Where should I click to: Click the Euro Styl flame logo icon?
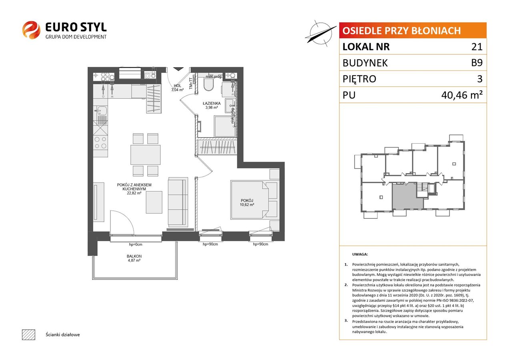pyautogui.click(x=31, y=30)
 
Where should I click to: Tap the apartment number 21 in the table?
pyautogui.click(x=477, y=47)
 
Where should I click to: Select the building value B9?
pyautogui.click(x=477, y=63)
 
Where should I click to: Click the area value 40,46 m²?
pyautogui.click(x=462, y=95)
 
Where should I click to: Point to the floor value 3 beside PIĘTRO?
pyautogui.click(x=480, y=79)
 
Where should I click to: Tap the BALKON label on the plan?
pyautogui.click(x=134, y=256)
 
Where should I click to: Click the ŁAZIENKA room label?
pyautogui.click(x=212, y=103)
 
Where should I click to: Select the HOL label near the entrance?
pyautogui.click(x=177, y=86)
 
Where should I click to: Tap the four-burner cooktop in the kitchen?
pyautogui.click(x=100, y=143)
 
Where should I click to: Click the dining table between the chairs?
pyautogui.click(x=145, y=155)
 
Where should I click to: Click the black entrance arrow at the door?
pyautogui.click(x=178, y=69)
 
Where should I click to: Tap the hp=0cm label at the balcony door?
pyautogui.click(x=135, y=245)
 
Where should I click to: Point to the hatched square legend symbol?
pyautogui.click(x=29, y=334)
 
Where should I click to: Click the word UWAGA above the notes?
pyautogui.click(x=360, y=254)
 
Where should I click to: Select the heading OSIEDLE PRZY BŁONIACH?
pyautogui.click(x=401, y=31)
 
